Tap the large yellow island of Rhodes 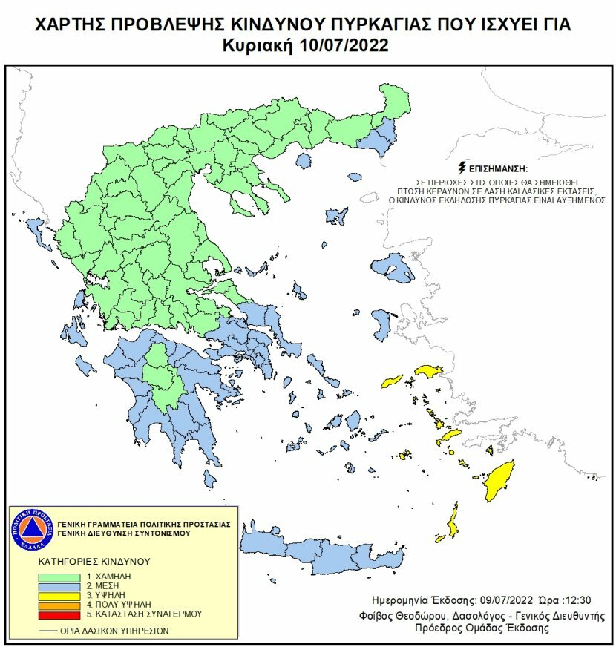click(499, 481)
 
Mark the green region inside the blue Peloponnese click(160, 375)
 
